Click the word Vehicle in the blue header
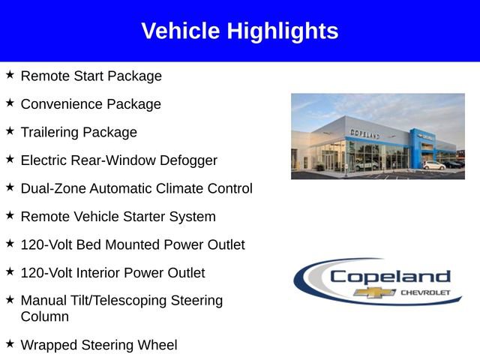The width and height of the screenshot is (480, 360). (181, 31)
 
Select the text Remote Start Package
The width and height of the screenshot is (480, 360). (91, 76)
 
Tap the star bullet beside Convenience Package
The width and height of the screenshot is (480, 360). (10, 103)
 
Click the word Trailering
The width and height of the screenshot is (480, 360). (49, 132)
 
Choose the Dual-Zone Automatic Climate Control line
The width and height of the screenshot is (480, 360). (136, 188)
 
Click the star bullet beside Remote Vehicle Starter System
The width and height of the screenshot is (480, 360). (10, 215)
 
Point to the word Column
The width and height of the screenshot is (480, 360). (44, 316)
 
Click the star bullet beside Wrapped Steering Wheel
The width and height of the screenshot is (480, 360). (10, 343)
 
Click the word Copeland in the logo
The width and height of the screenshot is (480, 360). (390, 277)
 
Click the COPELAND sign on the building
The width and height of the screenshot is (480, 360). (365, 133)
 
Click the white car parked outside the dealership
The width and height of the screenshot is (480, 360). (433, 165)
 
